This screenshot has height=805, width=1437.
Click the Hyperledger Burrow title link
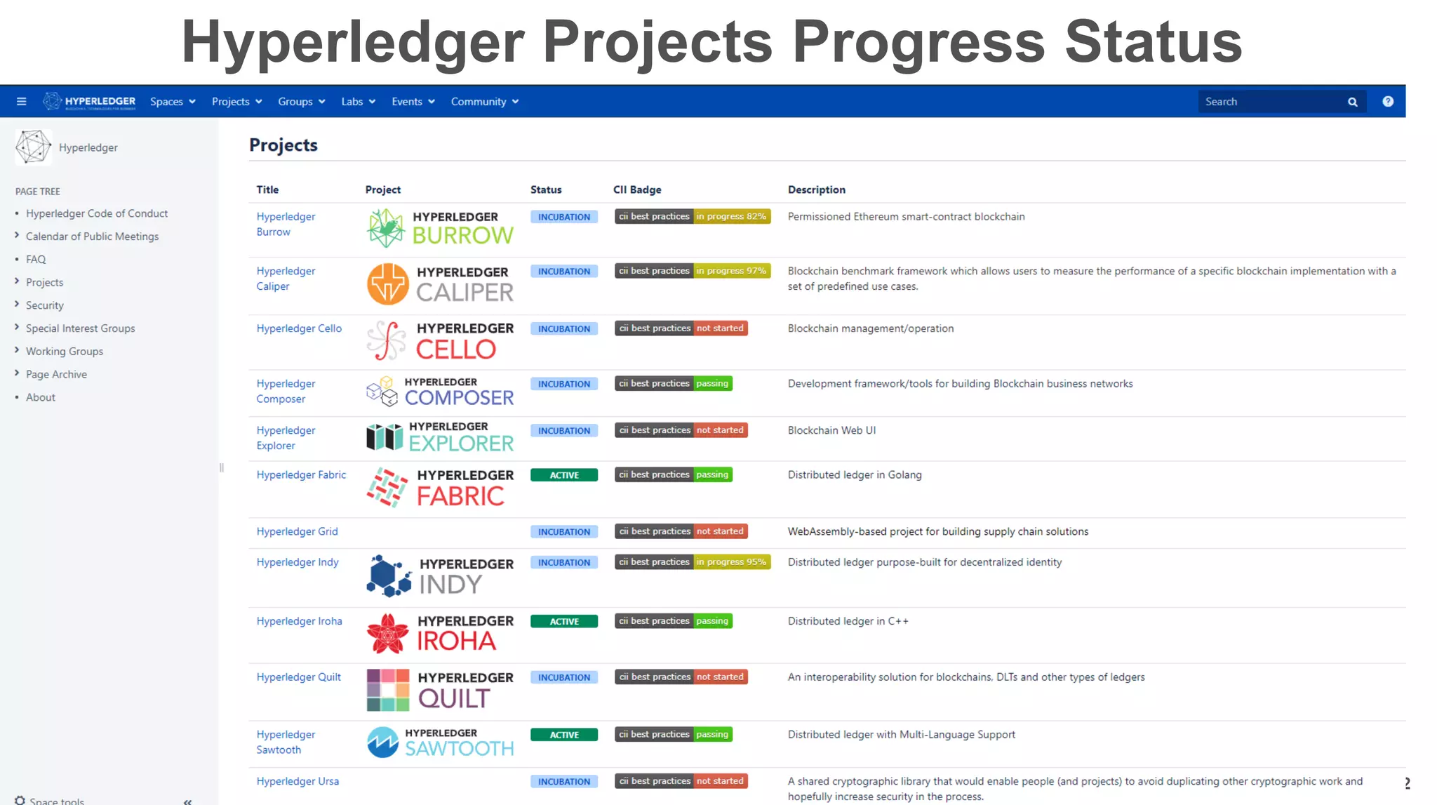286,224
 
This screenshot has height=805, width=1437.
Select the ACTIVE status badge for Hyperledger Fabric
563,475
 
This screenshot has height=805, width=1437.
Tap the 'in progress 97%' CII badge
731,271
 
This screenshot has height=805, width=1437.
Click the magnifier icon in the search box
1352,102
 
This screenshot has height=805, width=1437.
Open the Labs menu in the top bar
358,102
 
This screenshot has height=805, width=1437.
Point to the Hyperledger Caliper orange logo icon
387,284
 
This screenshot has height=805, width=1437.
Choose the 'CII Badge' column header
636,189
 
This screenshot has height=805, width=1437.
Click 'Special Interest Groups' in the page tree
80,328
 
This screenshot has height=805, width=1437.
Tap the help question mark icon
1387,102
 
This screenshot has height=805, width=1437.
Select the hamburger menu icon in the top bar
22,102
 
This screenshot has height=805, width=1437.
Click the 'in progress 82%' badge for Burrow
731,216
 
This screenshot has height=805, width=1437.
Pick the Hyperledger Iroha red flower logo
387,633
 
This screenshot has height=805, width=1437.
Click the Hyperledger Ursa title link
298,781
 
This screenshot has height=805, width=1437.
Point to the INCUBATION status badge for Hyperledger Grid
563,532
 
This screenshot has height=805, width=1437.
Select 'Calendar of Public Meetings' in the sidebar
92,237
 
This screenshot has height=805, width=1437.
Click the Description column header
816,189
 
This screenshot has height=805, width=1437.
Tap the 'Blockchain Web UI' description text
831,430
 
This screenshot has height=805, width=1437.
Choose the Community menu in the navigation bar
484,102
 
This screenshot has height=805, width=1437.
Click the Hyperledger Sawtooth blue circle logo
383,743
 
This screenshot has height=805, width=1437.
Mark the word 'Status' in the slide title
1153,42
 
